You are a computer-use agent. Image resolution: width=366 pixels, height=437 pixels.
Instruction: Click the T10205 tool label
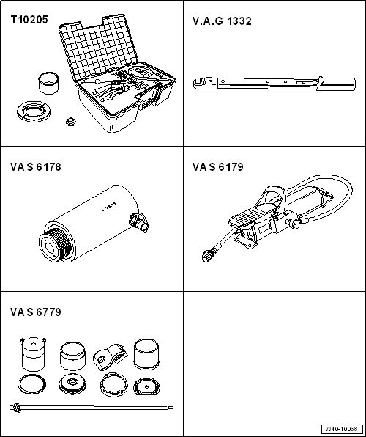point(29,20)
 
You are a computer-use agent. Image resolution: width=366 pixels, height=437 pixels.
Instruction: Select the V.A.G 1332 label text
point(222,21)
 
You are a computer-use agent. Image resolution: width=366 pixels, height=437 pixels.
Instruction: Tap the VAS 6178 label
point(36,167)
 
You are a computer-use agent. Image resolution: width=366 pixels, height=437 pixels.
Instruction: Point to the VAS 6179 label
point(218,167)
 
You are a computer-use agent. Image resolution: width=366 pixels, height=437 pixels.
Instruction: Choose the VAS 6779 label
point(36,312)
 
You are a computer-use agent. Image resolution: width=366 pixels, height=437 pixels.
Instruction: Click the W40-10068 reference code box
point(343,428)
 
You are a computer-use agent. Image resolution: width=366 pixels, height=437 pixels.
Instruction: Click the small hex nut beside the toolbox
point(71,122)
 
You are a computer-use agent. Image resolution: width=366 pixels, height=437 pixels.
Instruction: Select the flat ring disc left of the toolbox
point(34,111)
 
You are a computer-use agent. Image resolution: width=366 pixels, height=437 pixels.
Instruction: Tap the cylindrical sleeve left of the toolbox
point(48,83)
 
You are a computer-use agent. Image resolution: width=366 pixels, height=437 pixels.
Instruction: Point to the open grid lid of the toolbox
point(98,48)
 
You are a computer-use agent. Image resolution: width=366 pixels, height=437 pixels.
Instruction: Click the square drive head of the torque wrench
point(198,83)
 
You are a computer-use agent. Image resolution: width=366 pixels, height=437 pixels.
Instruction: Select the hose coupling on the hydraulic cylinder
point(138,222)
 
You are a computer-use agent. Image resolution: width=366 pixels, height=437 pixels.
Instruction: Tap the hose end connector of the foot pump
point(207,255)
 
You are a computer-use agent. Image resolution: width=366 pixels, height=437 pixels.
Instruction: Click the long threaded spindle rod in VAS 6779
point(91,408)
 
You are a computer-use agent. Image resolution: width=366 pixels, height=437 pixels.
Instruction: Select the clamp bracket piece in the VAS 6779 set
point(109,357)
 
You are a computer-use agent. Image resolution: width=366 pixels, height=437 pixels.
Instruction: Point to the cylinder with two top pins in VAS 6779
point(33,355)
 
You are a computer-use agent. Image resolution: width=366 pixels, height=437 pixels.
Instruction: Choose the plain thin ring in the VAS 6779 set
point(31,384)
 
